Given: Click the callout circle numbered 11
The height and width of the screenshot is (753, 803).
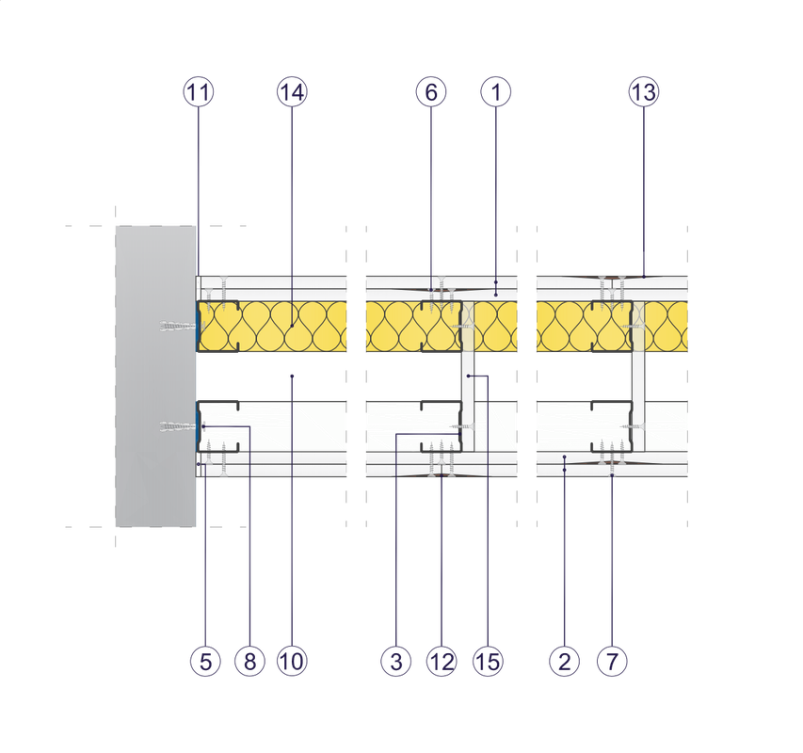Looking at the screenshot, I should click(x=199, y=92).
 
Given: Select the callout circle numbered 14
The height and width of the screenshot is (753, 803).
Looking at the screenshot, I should click(x=292, y=92).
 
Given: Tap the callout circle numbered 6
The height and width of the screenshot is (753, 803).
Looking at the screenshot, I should click(x=430, y=92).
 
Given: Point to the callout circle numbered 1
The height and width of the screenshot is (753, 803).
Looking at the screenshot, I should click(x=495, y=92).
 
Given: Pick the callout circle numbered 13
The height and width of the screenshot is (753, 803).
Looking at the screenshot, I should click(x=644, y=92).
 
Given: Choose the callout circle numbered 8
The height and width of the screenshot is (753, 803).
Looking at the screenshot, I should click(x=249, y=662).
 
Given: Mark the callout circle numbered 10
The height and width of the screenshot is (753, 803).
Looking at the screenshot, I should click(x=293, y=662).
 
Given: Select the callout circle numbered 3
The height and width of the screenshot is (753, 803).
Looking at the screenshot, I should click(x=396, y=662).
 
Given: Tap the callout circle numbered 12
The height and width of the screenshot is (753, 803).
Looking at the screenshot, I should click(x=441, y=662).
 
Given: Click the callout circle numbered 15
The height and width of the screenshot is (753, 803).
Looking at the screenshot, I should click(x=488, y=662).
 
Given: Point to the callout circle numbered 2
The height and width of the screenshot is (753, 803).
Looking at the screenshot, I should click(x=564, y=662).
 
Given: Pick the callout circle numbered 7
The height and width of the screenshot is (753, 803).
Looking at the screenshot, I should click(x=612, y=662).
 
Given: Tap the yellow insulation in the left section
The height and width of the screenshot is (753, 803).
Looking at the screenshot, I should click(x=273, y=327).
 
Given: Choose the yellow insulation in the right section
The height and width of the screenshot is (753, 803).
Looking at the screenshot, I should click(x=584, y=327).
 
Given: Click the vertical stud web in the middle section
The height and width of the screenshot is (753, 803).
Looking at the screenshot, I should click(x=467, y=376).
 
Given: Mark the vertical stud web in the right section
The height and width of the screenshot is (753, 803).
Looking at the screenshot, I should click(x=639, y=376).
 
